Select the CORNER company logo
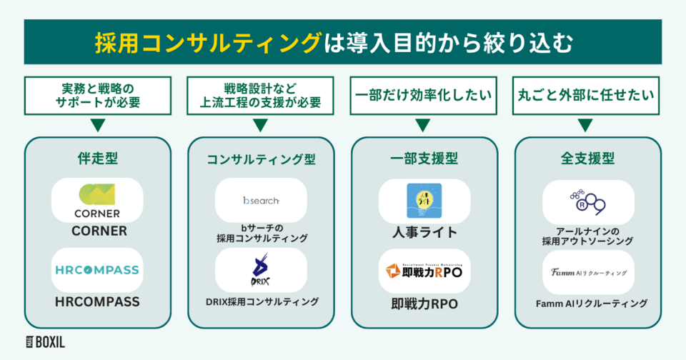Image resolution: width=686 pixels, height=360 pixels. (98, 199)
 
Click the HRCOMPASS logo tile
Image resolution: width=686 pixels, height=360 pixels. (98, 270)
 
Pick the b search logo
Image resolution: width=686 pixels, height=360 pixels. (261, 200)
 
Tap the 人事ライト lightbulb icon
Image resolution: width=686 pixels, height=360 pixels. (424, 200)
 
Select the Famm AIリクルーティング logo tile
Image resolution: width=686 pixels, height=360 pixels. (587, 272)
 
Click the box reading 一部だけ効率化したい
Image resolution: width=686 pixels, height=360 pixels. (424, 94)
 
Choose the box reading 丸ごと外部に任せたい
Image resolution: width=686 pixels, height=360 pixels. (587, 94)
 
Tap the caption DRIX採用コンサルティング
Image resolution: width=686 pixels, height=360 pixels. (261, 302)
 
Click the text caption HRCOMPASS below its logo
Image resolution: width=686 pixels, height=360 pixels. (98, 302)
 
